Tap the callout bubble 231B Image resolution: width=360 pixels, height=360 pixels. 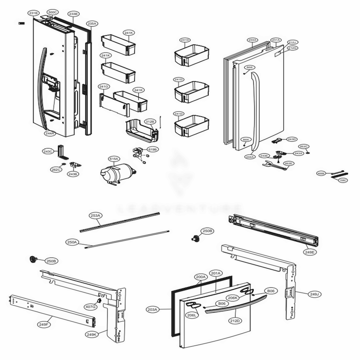(x=33, y=13)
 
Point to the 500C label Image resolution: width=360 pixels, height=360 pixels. (x=53, y=12)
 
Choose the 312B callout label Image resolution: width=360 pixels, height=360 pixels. (x=149, y=122)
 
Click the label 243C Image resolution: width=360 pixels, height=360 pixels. (x=48, y=152)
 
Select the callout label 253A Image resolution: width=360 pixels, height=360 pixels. (x=95, y=216)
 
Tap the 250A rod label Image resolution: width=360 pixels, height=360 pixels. (x=72, y=242)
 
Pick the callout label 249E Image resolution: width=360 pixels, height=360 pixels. (x=310, y=252)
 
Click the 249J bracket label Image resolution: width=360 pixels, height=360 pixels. (x=314, y=294)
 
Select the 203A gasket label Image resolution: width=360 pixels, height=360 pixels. (x=153, y=309)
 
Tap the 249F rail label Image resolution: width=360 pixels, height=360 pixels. (x=44, y=324)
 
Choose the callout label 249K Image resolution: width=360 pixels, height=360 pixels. (x=92, y=334)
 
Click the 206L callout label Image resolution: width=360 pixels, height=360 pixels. (x=192, y=315)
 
